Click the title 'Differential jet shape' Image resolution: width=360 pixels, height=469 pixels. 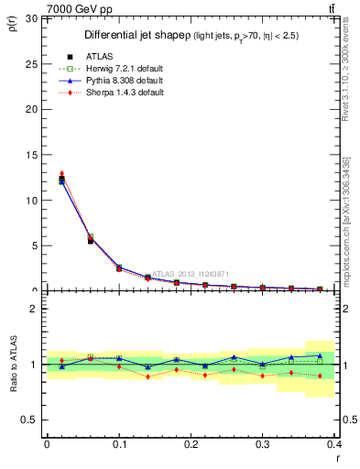[x=136, y=35]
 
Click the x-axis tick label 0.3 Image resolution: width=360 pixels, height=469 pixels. [x=262, y=444]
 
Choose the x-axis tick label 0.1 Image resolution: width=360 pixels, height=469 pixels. [x=119, y=444]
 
